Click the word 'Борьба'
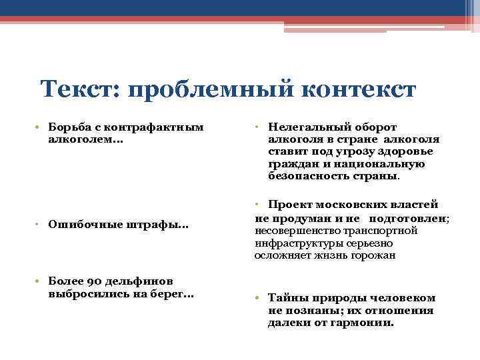point(67,127)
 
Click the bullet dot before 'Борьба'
point(41,127)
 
